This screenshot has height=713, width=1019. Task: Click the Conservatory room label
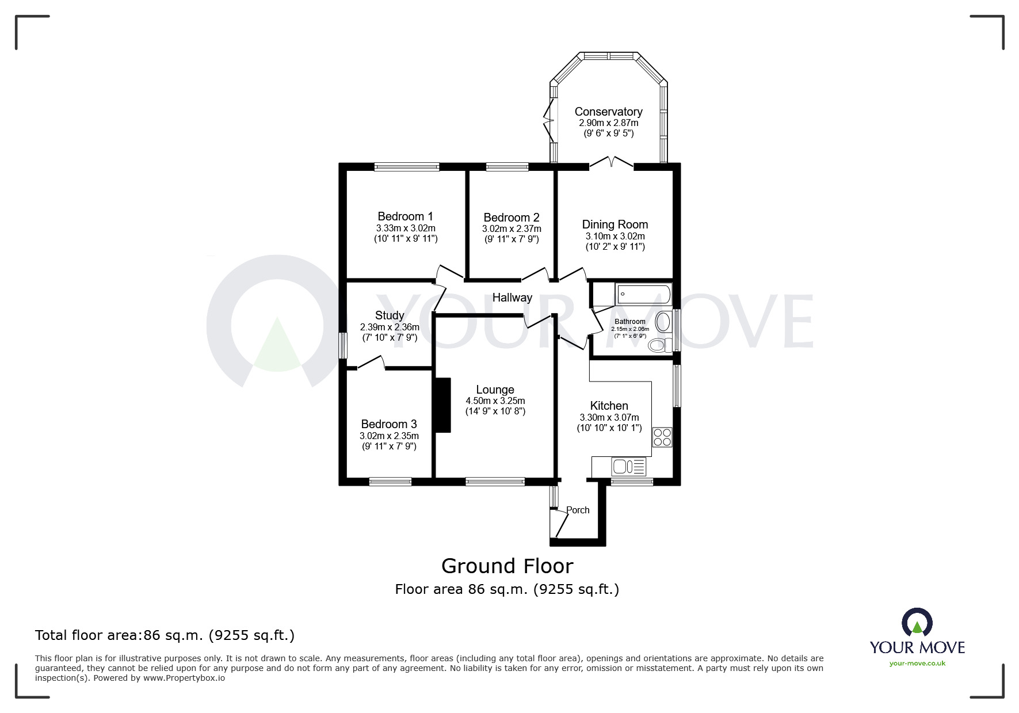pos(608,112)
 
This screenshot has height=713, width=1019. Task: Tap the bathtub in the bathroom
pos(643,295)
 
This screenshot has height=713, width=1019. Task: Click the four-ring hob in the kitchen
pos(662,437)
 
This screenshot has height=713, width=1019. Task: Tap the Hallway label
pos(512,298)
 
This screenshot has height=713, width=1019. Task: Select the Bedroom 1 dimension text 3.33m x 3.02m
pos(406,228)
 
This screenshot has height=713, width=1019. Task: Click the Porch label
pos(578,510)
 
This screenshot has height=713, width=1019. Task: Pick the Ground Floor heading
pos(507,566)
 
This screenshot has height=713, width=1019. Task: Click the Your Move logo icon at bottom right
pos(917,624)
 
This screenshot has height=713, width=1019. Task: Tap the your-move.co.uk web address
pos(917,664)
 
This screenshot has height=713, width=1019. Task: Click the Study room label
pos(390,315)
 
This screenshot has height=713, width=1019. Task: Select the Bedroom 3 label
pos(389,424)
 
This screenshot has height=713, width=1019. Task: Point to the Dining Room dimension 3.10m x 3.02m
pos(615,236)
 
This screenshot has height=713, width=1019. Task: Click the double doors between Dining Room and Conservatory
pos(611,163)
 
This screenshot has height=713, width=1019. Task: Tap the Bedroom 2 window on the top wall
pos(507,167)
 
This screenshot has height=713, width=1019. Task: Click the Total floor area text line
pos(165,635)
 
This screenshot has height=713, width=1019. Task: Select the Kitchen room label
pos(609,406)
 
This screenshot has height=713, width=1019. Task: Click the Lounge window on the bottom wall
pos(495,482)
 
